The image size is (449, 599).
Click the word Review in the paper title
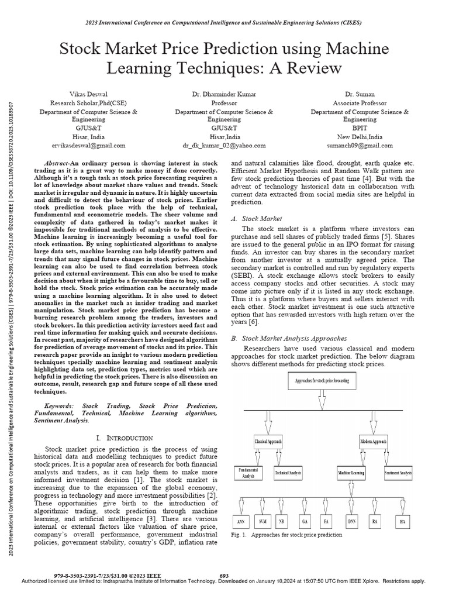313,68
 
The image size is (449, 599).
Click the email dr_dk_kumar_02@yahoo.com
224,145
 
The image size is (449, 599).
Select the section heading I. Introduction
124,438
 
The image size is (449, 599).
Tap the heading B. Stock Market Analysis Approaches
289,338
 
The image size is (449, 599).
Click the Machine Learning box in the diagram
351,472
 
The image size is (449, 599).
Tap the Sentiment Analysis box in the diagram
398,472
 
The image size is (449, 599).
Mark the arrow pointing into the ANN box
244,504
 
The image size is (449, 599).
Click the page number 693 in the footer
224,576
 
